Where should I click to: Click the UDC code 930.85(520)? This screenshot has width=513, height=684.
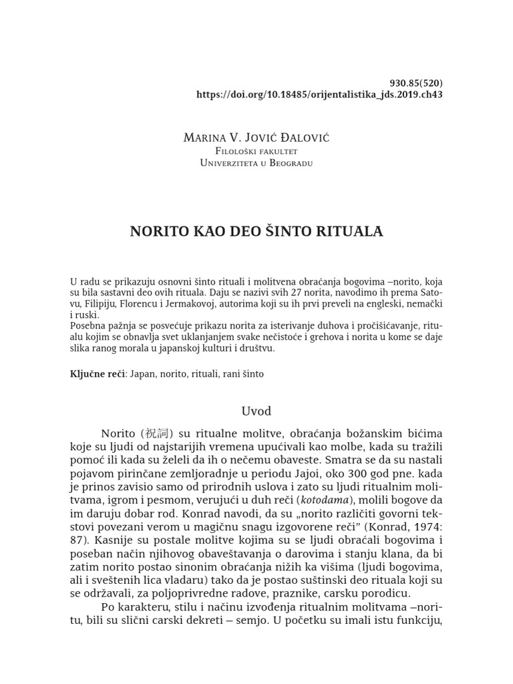click(x=415, y=83)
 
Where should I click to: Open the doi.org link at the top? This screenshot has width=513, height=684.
click(x=319, y=95)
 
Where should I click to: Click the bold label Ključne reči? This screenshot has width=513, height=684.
click(x=98, y=374)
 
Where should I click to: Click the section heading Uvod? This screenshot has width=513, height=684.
click(x=256, y=410)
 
